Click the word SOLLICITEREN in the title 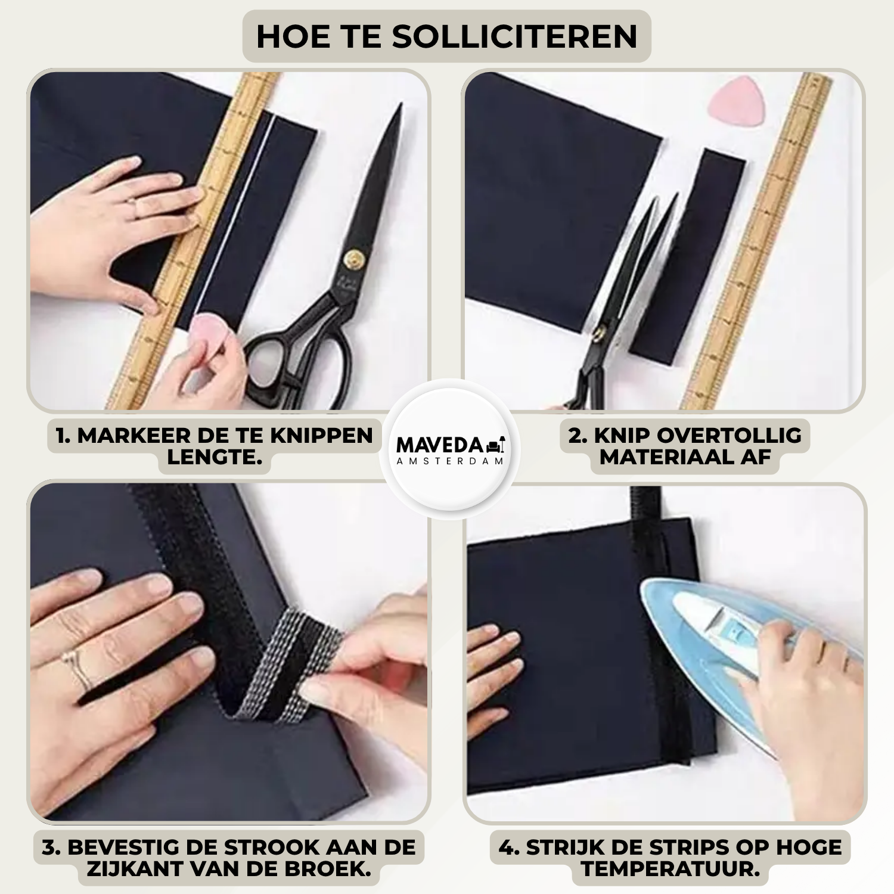514,37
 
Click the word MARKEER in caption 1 134,436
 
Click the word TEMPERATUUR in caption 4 670,869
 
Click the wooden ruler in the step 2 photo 757,241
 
